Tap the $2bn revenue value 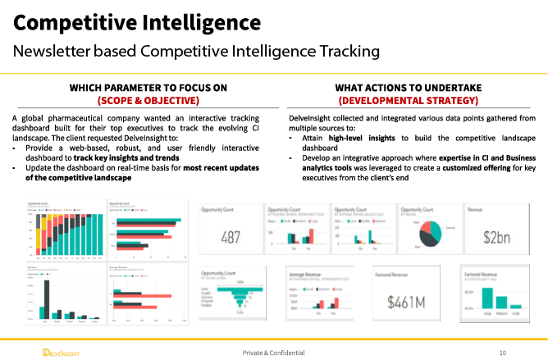coord(497,237)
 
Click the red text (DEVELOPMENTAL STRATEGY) coord(408,101)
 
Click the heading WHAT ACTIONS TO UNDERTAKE coord(408,88)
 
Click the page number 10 coord(502,353)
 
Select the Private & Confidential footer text coord(273,353)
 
